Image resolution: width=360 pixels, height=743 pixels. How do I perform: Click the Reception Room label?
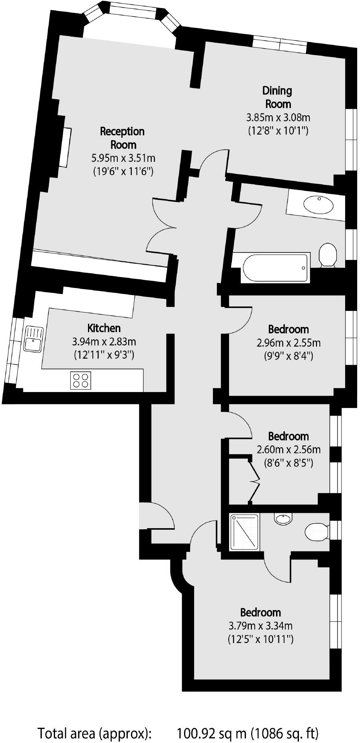coord(123,138)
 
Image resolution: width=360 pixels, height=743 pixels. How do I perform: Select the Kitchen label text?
coord(104,328)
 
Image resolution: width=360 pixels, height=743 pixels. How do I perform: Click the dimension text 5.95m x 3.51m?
coord(123,158)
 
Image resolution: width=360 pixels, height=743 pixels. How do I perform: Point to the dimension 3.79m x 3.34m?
coord(260,625)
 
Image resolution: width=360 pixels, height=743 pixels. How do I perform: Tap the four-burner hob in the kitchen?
coord(81,380)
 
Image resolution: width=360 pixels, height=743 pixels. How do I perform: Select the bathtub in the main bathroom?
coord(276,267)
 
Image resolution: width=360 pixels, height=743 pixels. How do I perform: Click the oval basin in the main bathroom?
coord(318,205)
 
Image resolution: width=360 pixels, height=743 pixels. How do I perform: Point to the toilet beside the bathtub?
coord(328,254)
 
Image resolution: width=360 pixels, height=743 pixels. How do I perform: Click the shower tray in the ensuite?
coord(244,533)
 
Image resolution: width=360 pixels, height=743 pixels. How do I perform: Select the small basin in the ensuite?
coord(283,519)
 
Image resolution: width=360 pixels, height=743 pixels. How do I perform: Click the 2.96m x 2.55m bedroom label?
coord(288,329)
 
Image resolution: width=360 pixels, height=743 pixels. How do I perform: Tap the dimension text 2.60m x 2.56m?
coord(288,450)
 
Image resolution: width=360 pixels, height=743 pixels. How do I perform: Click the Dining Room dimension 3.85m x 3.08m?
coord(278,118)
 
